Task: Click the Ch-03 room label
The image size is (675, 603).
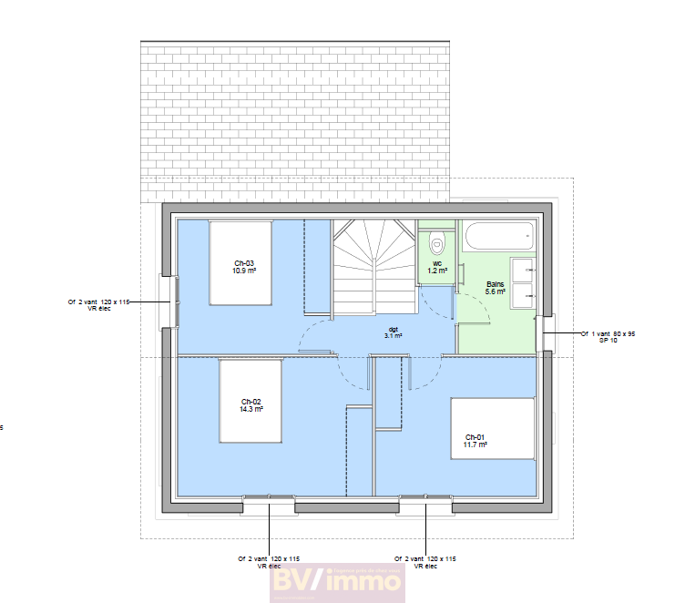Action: coord(243,263)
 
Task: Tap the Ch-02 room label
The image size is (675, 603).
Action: coord(251,402)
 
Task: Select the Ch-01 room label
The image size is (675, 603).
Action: coord(476,436)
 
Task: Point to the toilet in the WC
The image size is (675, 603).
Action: coord(437,243)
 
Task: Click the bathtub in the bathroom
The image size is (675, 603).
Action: coord(497,238)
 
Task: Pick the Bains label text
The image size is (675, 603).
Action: coord(496,284)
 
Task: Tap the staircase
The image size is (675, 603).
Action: coord(373,264)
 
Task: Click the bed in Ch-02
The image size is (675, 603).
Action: coord(251,402)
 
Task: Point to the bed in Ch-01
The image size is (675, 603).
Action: coord(493,428)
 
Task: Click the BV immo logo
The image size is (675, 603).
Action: coord(336,582)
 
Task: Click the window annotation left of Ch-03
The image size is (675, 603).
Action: coord(98,304)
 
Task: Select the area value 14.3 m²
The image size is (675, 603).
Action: coord(252,410)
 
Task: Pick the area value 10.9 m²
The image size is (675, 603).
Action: coord(243,271)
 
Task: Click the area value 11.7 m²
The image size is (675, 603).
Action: coord(476,445)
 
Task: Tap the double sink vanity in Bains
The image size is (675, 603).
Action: coord(523,282)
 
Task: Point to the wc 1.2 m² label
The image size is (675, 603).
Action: coord(437,267)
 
